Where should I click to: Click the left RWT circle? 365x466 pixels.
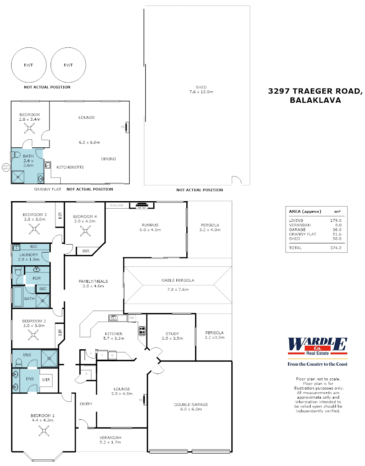(x=28, y=65)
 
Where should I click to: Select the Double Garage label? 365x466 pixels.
(x=191, y=405)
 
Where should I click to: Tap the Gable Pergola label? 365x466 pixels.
(x=178, y=280)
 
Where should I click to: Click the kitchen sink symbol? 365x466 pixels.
(x=113, y=318)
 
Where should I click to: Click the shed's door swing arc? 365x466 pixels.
(x=237, y=180)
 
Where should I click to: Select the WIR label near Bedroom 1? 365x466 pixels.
(x=46, y=380)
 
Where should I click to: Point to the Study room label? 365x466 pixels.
(x=172, y=334)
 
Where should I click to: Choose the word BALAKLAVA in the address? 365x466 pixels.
(x=316, y=100)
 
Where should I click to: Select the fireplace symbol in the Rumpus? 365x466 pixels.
(x=141, y=206)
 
